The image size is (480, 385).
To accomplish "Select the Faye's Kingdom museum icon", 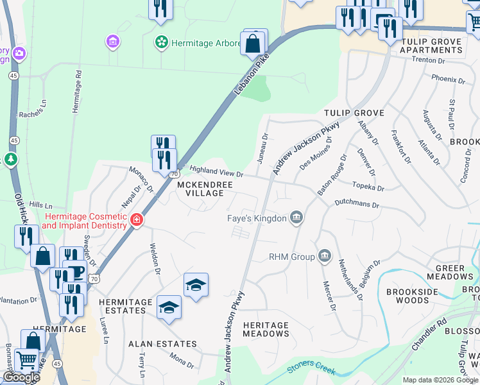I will (296, 218).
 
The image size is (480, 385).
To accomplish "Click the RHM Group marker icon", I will (324, 257).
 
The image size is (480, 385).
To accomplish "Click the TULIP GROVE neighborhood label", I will (354, 113).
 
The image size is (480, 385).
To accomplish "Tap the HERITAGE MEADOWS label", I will (266, 329).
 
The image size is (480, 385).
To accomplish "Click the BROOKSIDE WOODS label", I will (408, 296).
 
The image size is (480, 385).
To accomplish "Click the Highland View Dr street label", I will (217, 171).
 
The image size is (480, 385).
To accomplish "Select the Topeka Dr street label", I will (368, 187).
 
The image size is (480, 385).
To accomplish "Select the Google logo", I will (21, 377).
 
